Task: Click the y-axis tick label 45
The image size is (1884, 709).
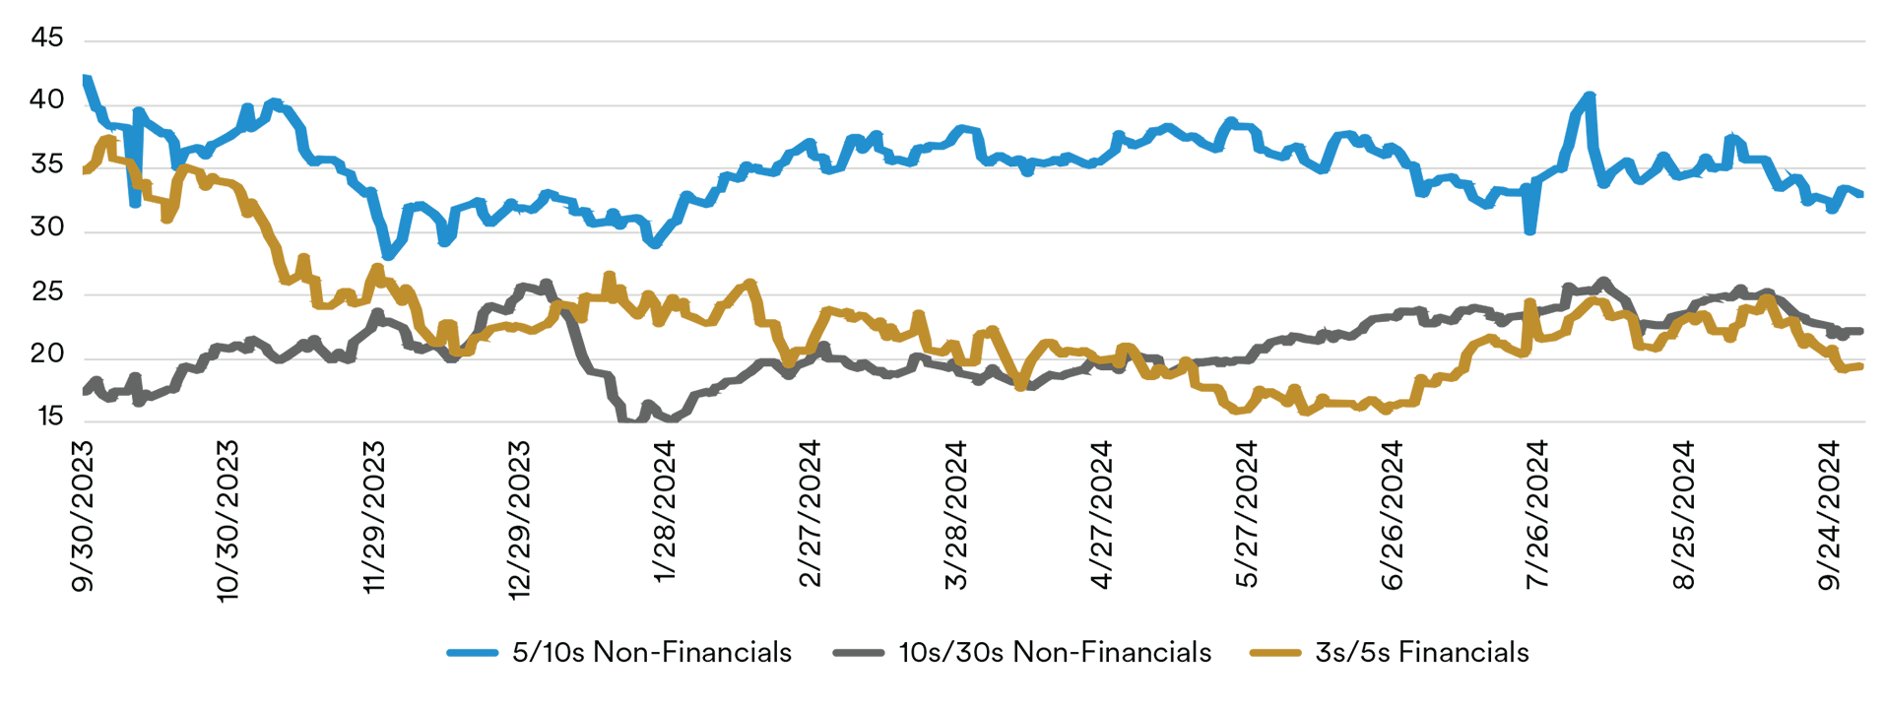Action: (x=47, y=38)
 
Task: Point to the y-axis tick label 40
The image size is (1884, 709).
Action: (x=47, y=100)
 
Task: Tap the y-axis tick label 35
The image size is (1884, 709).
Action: (x=47, y=164)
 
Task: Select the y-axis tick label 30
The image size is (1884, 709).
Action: (x=47, y=227)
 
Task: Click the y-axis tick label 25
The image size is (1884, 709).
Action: (x=47, y=291)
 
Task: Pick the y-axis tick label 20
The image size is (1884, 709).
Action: (x=47, y=354)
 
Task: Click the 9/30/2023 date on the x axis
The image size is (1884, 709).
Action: (x=83, y=516)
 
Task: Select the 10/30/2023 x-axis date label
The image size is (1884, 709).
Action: (x=227, y=521)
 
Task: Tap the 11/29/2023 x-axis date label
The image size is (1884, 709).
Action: (x=373, y=518)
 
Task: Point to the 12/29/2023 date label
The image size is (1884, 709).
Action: (x=519, y=520)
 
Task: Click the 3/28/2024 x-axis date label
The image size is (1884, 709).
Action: (x=955, y=515)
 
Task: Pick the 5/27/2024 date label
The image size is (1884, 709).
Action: (x=1247, y=515)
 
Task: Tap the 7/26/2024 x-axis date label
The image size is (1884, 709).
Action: (x=1537, y=515)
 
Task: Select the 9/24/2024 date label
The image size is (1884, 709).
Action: (x=1829, y=515)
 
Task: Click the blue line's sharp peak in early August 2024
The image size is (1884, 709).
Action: (x=1590, y=97)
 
